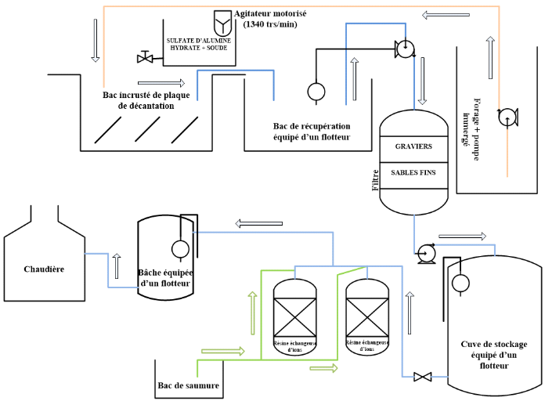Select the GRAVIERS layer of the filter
413,146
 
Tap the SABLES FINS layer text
413,172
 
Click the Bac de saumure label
188,385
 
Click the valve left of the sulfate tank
144,57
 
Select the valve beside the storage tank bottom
423,378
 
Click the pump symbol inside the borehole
507,117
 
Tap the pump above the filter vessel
404,49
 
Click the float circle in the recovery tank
316,92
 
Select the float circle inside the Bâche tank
179,249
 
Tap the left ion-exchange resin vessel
294,317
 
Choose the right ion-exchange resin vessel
367,317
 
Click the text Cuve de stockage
493,345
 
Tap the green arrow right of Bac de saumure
222,351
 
